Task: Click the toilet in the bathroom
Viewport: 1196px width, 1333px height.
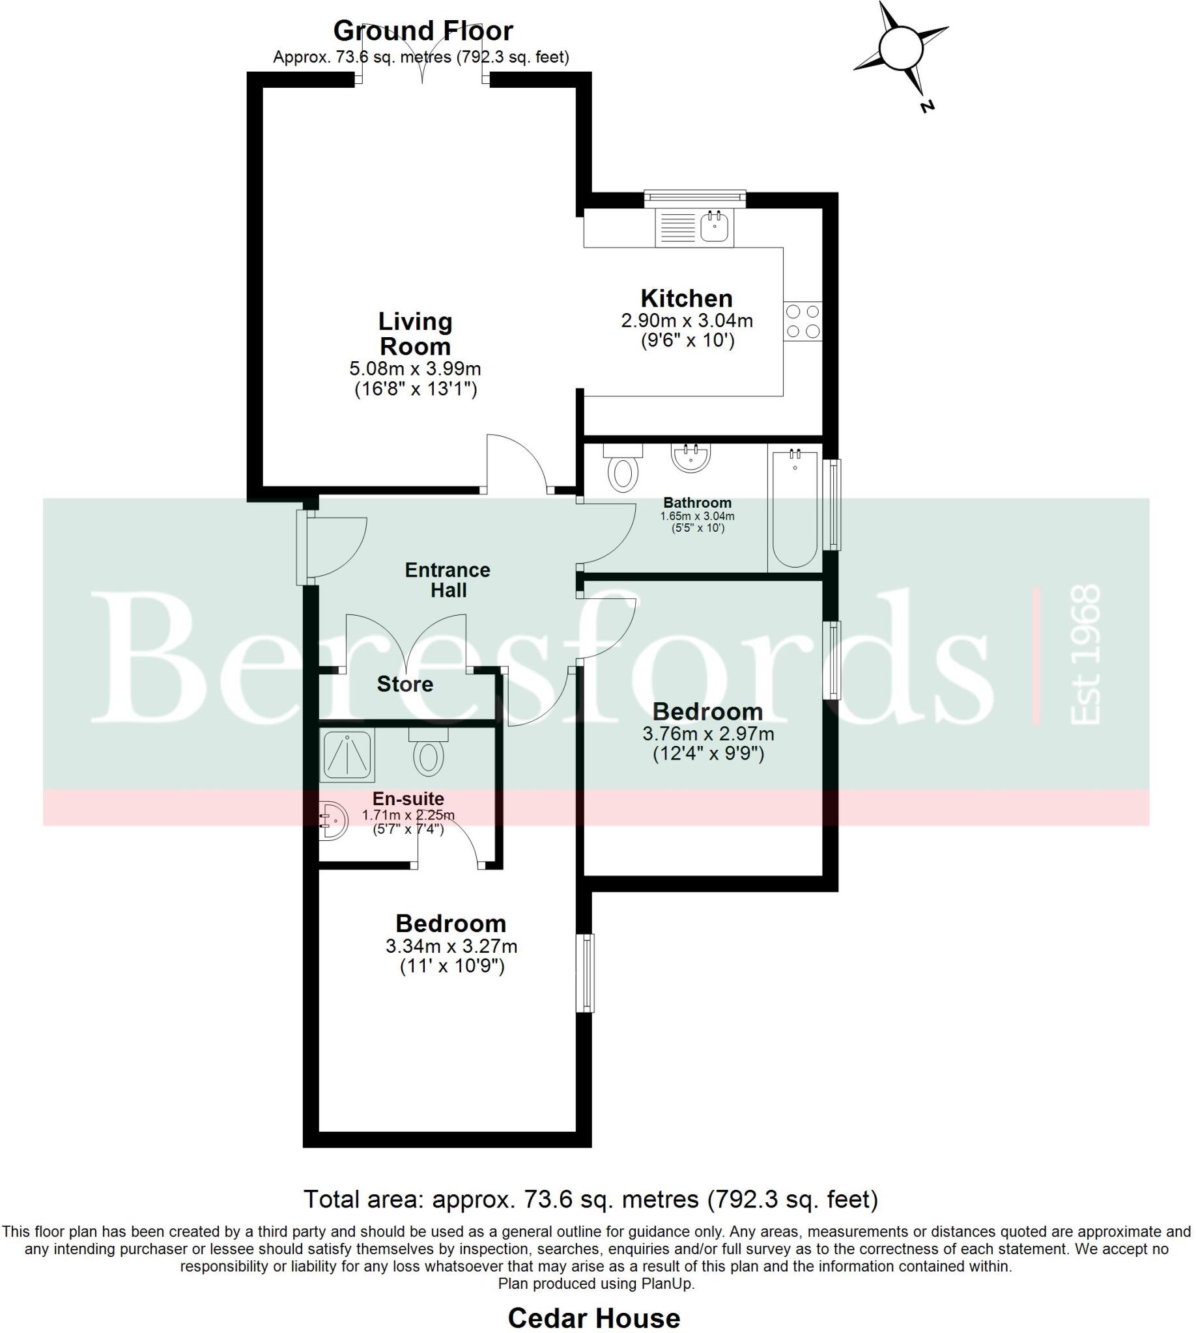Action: coord(623,470)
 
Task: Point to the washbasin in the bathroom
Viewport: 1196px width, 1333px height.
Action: coord(690,458)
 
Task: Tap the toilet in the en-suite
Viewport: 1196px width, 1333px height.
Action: coord(429,755)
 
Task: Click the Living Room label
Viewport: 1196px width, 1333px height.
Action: coord(416,335)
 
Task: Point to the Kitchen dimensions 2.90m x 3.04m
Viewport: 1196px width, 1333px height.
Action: coord(687,321)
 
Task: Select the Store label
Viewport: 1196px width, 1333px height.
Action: coord(405,684)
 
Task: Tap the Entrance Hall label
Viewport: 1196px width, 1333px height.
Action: coord(448,580)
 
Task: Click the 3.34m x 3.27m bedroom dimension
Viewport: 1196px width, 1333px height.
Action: coord(451,946)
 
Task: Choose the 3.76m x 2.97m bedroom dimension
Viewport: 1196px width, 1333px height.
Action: coord(707,733)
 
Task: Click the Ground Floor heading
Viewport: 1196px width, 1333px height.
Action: coord(423,31)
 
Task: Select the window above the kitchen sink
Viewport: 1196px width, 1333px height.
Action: coord(694,197)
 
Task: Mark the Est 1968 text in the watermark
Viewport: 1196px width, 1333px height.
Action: coord(1085,655)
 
